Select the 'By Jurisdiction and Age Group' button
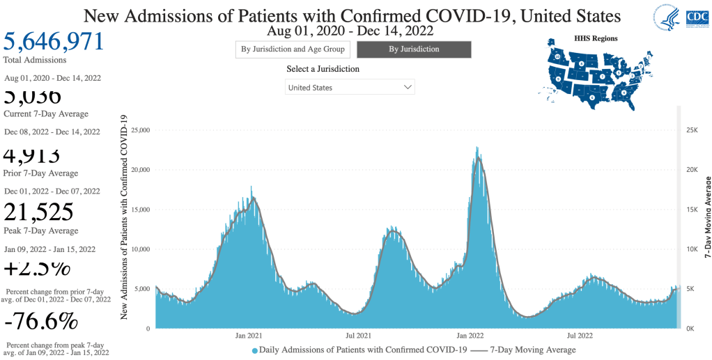click(293, 49)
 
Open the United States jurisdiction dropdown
click(350, 88)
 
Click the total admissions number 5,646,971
click(54, 41)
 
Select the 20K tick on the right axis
click(692, 170)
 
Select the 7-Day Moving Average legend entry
click(526, 350)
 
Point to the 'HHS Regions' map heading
click(595, 38)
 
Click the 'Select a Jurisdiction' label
click(323, 70)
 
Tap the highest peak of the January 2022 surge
click(477, 148)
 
